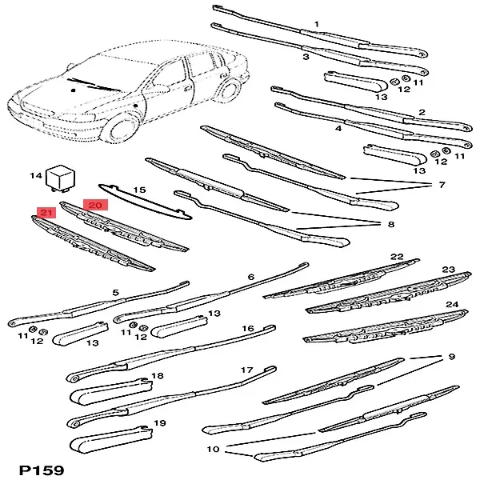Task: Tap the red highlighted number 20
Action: [x=96, y=206]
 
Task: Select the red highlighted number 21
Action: [x=46, y=213]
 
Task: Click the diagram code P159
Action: [x=40, y=469]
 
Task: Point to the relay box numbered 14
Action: [x=60, y=178]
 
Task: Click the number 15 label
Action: [x=139, y=190]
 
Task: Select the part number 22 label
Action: [x=397, y=257]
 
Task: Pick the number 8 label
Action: [x=391, y=225]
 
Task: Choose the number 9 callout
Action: [x=450, y=357]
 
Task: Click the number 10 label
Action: [x=213, y=449]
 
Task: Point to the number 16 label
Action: [x=247, y=329]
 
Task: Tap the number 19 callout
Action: [x=159, y=423]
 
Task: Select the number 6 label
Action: [x=250, y=277]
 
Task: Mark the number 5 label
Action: [x=115, y=293]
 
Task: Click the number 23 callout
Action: [x=448, y=270]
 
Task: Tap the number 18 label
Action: [x=157, y=375]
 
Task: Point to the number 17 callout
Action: [x=247, y=370]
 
